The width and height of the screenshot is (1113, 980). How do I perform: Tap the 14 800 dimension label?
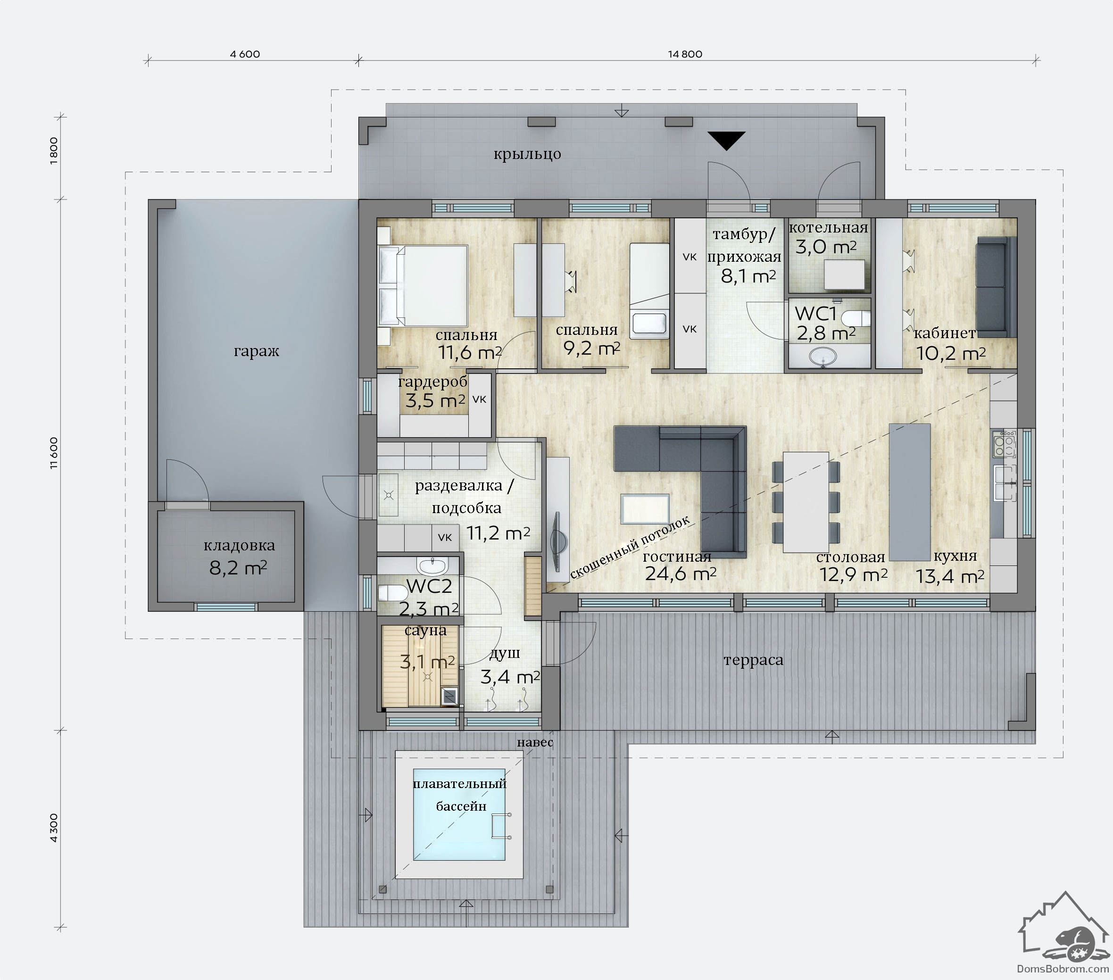pyautogui.click(x=685, y=54)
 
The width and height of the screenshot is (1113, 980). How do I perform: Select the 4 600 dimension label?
pyautogui.click(x=245, y=54)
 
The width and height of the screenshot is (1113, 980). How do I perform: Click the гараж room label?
pyautogui.click(x=257, y=351)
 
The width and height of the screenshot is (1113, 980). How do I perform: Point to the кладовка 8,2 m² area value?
pyautogui.click(x=238, y=568)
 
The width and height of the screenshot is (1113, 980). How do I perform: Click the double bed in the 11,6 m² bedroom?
pyautogui.click(x=423, y=286)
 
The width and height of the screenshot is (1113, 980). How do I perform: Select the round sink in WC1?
pyautogui.click(x=823, y=357)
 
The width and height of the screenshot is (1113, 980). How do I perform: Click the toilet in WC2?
pyautogui.click(x=390, y=592)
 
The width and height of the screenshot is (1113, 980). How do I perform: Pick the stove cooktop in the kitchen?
pyautogui.click(x=1005, y=444)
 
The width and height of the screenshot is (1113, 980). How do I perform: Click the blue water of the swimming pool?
pyautogui.click(x=458, y=815)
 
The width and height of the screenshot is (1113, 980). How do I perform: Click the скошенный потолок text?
pyautogui.click(x=630, y=547)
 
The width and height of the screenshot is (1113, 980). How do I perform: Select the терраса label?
pyautogui.click(x=754, y=660)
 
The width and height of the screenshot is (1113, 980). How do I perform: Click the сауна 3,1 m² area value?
pyautogui.click(x=427, y=663)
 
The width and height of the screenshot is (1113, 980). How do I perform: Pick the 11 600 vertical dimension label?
pyautogui.click(x=53, y=453)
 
